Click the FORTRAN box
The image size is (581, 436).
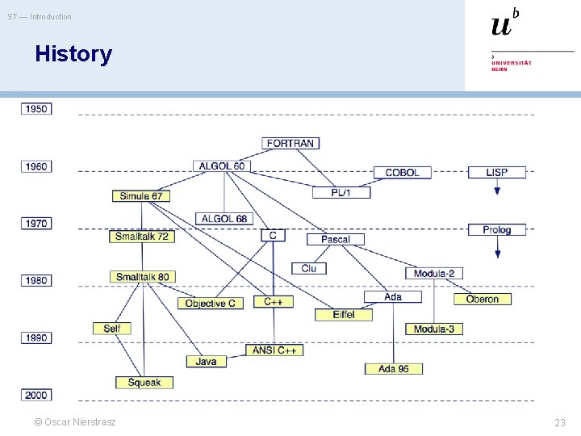click(290, 143)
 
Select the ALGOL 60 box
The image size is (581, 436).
click(222, 166)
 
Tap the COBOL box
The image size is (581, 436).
click(402, 172)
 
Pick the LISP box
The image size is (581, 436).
click(497, 172)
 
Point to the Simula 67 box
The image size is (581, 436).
click(141, 195)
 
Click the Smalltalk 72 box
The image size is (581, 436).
click(141, 237)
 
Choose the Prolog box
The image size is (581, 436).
click(497, 229)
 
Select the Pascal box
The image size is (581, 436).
click(336, 239)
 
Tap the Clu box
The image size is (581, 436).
click(309, 268)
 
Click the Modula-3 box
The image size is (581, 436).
click(434, 329)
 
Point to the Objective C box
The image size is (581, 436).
click(210, 303)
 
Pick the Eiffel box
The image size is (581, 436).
click(344, 314)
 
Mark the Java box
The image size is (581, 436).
click(207, 361)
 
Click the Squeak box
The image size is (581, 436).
click(144, 382)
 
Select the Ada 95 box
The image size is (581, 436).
click(393, 368)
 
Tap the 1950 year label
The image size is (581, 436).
click(36, 108)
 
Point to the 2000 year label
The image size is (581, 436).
click(36, 395)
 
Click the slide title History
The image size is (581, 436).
click(73, 54)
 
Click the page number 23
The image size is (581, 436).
click(560, 422)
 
